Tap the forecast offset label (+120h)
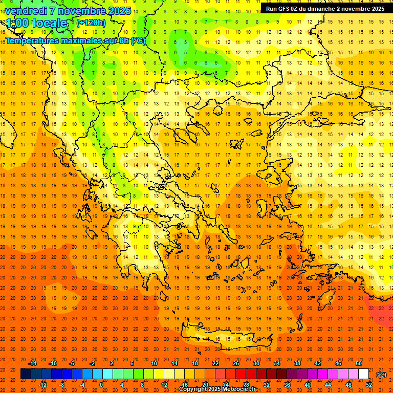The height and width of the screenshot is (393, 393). click(x=91, y=23)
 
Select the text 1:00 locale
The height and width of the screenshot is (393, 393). click(x=36, y=23)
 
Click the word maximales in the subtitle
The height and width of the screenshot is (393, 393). click(x=74, y=40)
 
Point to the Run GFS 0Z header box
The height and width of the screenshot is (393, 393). click(x=325, y=9)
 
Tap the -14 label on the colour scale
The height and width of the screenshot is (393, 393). click(x=33, y=363)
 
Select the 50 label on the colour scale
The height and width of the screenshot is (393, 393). click(x=359, y=363)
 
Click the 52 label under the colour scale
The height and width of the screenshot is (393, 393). click(x=369, y=385)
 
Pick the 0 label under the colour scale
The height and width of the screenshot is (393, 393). click(x=101, y=385)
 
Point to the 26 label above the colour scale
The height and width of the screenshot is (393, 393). click(x=236, y=363)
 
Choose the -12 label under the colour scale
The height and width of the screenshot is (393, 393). click(x=43, y=385)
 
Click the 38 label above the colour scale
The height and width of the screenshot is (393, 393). click(x=297, y=363)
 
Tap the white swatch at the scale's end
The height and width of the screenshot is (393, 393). click(x=364, y=374)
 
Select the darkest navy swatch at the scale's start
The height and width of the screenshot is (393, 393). click(x=26, y=374)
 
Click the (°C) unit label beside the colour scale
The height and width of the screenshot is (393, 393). click(x=381, y=375)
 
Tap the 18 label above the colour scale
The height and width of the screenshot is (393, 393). click(x=195, y=363)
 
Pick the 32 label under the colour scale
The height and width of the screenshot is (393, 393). click(x=267, y=385)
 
